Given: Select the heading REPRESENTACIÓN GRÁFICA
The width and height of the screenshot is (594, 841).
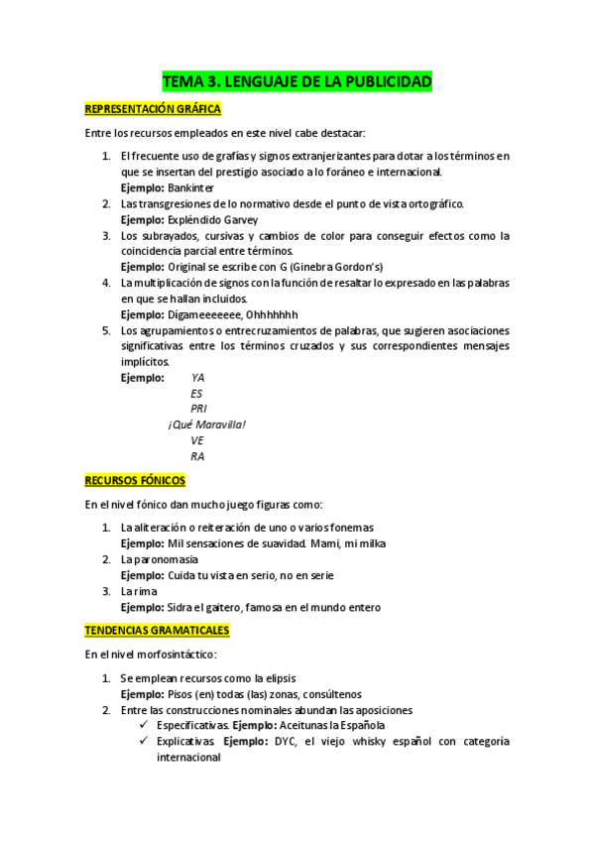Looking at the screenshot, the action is point(152,109).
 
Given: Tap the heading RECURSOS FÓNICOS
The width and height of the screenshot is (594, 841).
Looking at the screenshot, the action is point(135,480).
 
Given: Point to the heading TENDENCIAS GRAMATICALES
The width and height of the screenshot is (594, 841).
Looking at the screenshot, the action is point(158,630).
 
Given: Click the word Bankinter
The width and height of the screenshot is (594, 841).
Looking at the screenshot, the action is point(190,187).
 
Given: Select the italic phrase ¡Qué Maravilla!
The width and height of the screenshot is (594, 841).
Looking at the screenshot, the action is point(206,424).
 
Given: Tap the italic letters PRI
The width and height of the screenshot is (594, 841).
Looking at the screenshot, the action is point(198,409).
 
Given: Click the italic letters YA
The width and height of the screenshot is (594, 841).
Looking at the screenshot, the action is point(197,378).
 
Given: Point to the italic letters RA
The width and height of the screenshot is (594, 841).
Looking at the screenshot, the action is point(197,456).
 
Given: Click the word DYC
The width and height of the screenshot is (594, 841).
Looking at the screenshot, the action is point(289,742).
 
